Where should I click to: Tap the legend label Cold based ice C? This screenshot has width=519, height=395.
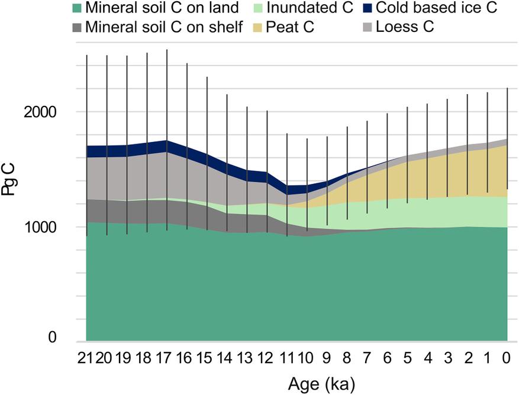point(440,8)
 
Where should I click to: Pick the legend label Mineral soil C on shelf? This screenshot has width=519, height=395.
point(164,27)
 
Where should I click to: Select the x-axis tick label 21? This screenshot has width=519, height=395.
point(86,358)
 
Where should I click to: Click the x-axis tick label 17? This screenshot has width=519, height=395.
point(167,358)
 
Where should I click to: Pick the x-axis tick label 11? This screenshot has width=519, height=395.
point(287,358)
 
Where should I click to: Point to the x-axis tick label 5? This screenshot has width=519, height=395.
point(407,358)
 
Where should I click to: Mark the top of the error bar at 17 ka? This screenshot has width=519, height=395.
point(167,50)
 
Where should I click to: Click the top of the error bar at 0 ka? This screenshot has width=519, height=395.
point(507,88)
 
